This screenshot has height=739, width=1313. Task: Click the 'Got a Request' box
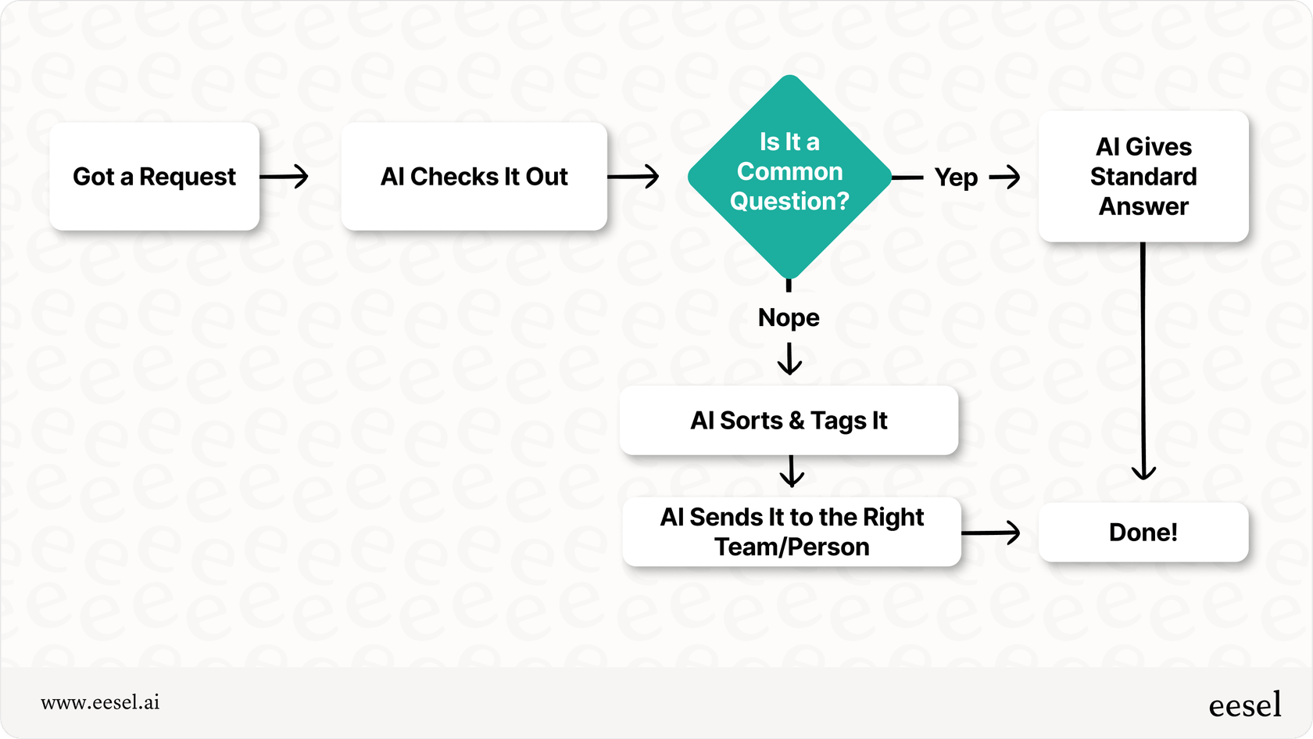tap(154, 177)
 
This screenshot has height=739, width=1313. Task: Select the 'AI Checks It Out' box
tap(474, 177)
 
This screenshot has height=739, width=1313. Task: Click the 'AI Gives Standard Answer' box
tap(1143, 177)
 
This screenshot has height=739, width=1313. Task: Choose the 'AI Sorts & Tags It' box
tap(789, 421)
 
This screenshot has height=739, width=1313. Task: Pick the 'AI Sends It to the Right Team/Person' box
tap(791, 532)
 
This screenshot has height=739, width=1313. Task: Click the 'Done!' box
tap(1143, 533)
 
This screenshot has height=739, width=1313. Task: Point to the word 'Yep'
tap(956, 178)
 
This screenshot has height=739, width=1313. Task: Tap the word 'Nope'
tap(789, 317)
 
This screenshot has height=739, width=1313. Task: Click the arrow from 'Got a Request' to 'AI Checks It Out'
tap(284, 177)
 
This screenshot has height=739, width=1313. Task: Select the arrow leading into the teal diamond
tap(633, 177)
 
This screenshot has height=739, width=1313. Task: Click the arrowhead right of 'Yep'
tap(1006, 178)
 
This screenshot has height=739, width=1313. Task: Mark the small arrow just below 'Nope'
tap(789, 360)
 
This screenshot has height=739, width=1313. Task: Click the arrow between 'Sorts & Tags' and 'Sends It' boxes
tap(792, 472)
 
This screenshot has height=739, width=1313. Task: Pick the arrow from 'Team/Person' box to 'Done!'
tap(991, 533)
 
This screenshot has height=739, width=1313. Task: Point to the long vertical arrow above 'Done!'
tap(1143, 360)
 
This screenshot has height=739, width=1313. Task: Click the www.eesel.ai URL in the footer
tap(100, 702)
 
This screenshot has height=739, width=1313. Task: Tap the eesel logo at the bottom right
tap(1244, 705)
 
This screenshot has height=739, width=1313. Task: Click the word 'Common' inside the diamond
tap(789, 171)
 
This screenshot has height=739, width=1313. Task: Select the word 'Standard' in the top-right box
tap(1143, 177)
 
